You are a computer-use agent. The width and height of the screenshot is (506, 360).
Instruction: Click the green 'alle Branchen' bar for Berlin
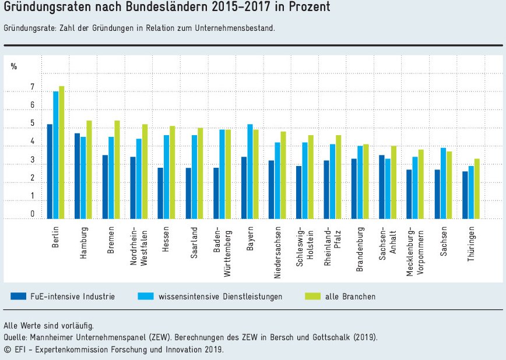[61, 153]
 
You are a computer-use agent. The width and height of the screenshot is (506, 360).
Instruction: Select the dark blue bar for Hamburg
[77, 176]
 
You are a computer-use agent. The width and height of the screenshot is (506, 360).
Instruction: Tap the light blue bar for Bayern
[250, 171]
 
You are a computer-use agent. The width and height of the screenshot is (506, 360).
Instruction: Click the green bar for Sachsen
[449, 185]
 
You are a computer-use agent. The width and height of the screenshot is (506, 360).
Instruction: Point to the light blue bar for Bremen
[111, 178]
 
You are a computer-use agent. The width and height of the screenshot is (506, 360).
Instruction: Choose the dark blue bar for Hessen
[160, 193]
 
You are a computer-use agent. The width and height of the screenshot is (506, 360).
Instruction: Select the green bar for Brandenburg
[366, 181]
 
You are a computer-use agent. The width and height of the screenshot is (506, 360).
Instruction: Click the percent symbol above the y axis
[14, 66]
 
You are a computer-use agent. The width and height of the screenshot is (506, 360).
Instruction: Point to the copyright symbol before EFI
[7, 349]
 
